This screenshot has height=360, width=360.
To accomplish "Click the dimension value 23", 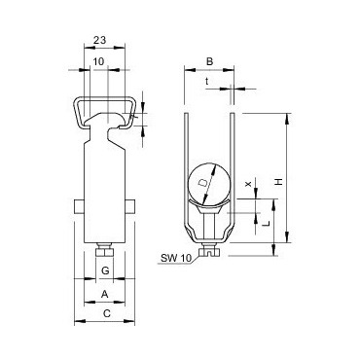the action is pos(100,40).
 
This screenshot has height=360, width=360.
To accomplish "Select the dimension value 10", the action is pos(99,61).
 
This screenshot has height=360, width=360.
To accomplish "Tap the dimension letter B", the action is pos(209,61).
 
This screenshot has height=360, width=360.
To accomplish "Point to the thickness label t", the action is pos(206,82).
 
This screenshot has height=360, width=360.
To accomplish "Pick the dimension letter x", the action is pos(248,184).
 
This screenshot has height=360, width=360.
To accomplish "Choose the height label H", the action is pos(278,182).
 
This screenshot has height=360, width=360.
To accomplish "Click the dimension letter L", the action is pos(267,224).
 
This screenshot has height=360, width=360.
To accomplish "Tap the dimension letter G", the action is pos(105,270).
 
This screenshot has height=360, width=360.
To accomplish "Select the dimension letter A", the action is pos(104,294).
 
